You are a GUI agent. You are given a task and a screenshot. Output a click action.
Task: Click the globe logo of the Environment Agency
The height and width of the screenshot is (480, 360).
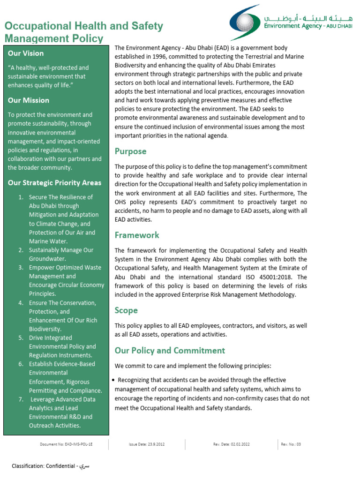tap(245, 22)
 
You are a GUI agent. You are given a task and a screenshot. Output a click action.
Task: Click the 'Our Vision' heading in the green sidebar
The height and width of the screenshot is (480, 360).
tap(26, 53)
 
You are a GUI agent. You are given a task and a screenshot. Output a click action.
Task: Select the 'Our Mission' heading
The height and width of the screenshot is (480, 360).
tap(29, 100)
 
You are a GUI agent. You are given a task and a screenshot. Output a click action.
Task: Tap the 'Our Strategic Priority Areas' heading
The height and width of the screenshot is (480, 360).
tap(54, 183)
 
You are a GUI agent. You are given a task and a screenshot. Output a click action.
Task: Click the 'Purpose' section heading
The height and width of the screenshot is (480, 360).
tap(130, 151)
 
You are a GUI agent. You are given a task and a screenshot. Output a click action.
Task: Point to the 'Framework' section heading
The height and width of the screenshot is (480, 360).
tap(137, 235)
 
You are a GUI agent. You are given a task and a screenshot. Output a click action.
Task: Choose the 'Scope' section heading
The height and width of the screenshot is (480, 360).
tap(126, 310)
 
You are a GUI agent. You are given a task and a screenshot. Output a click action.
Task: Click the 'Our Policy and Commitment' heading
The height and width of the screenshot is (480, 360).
tap(170, 351)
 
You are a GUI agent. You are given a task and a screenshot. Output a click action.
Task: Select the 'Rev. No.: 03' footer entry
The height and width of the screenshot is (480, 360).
tap(291, 443)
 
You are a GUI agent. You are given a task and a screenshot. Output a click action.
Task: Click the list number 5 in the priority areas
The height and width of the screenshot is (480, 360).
tap(21, 338)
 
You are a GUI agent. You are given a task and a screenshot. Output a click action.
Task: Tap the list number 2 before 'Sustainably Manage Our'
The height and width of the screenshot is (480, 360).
tap(21, 250)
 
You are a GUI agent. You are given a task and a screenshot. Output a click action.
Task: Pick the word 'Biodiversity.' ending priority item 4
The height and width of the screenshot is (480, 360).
tap(45, 329)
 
